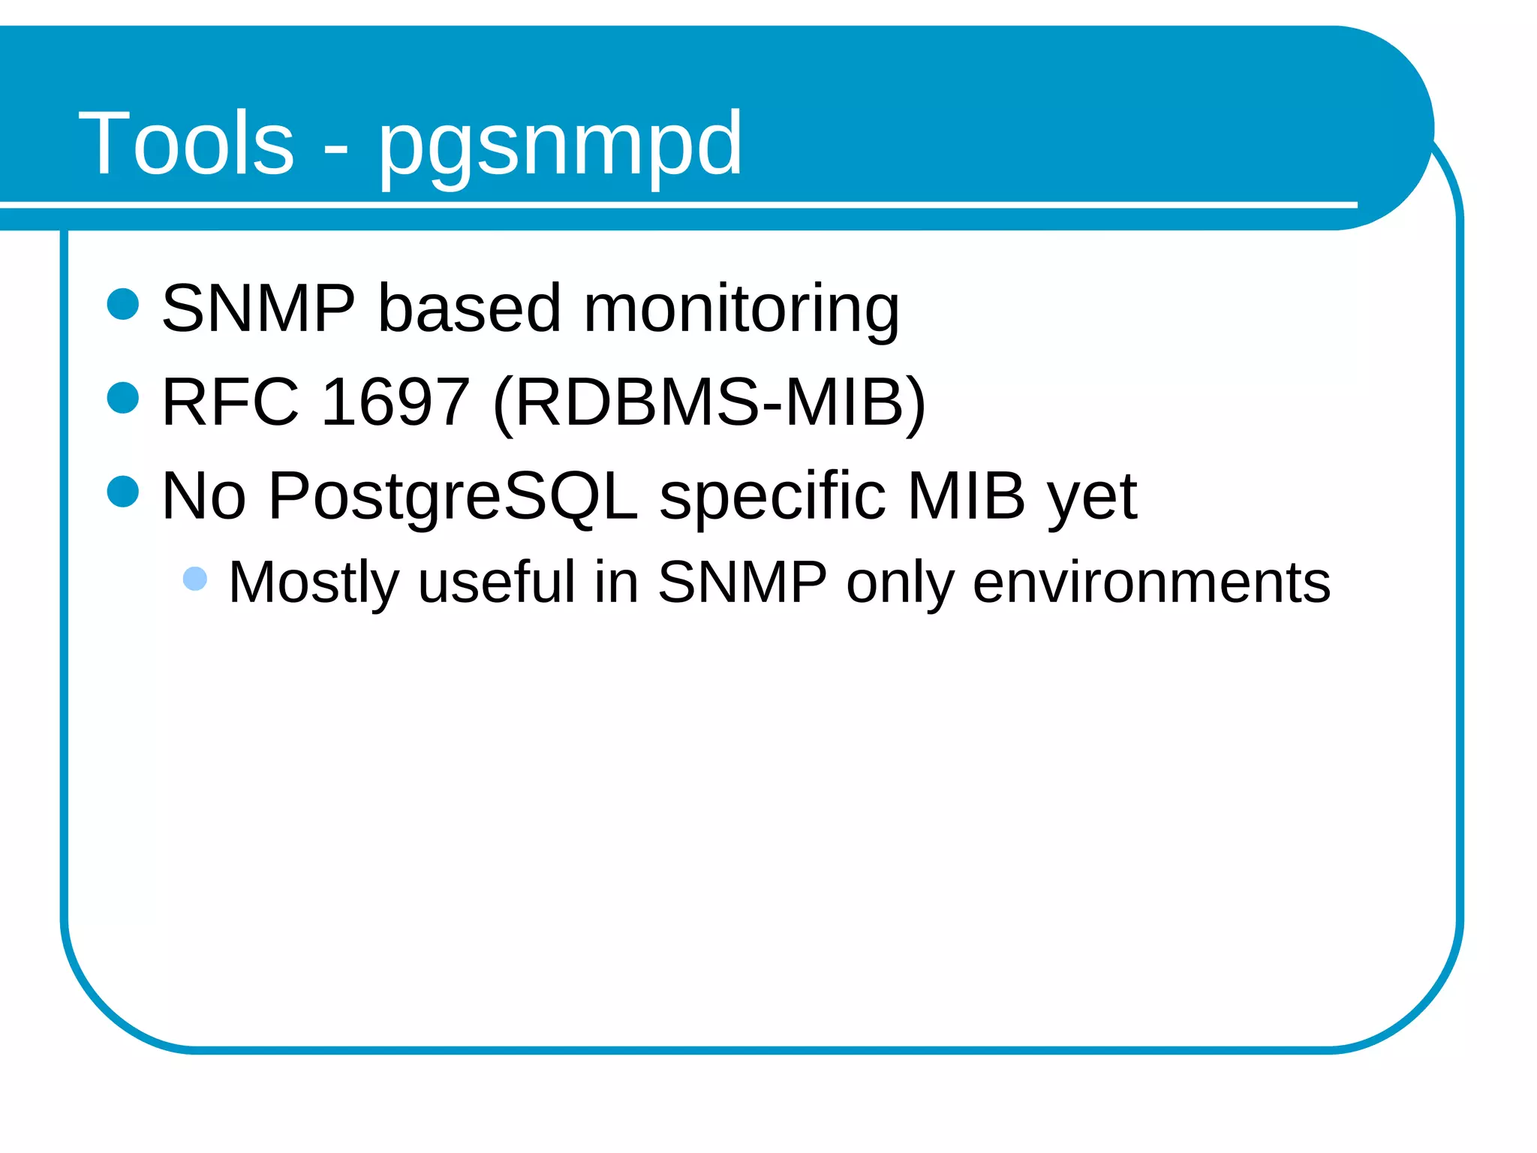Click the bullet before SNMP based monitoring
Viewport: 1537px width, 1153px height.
(123, 304)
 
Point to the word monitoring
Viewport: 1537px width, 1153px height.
(741, 309)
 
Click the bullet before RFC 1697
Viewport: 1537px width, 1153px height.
(123, 398)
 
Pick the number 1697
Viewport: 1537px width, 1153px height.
(396, 402)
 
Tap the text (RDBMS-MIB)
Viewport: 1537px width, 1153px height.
(709, 403)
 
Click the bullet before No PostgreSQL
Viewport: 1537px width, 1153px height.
(123, 492)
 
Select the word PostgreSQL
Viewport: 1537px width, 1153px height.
(453, 497)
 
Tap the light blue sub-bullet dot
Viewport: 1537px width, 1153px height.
(195, 579)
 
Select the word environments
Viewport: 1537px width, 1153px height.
(1151, 583)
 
